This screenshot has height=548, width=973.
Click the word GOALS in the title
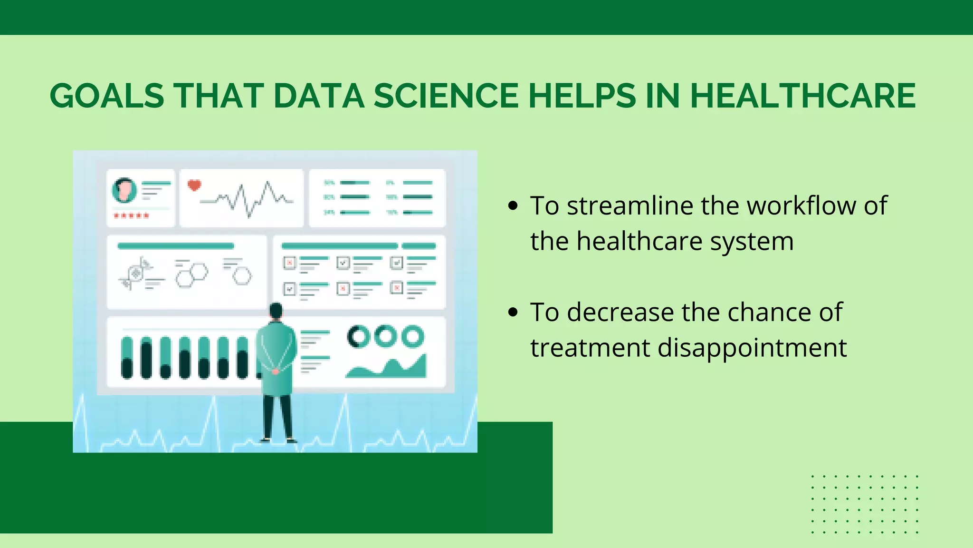[107, 96]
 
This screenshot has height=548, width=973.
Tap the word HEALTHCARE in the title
[802, 96]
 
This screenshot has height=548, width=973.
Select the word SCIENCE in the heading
[446, 96]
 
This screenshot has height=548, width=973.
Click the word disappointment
[752, 348]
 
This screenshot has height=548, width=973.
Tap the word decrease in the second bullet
[620, 313]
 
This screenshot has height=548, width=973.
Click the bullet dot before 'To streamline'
[513, 206]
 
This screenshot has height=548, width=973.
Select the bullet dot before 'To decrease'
[513, 313]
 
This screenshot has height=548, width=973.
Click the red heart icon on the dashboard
[194, 185]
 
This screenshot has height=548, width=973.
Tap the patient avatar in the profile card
[124, 190]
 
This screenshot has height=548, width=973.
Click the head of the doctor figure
[276, 311]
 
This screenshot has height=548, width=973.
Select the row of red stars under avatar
[131, 216]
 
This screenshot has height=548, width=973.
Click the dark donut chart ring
[358, 336]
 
